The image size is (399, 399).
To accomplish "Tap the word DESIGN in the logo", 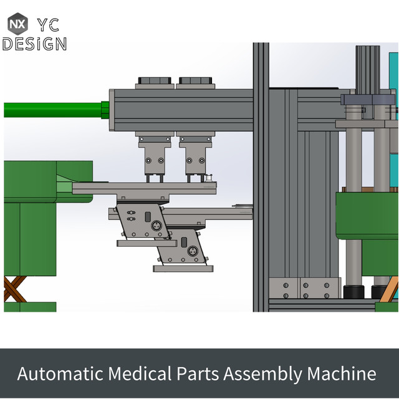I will (34, 44).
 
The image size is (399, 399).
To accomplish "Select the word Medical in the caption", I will (138, 373).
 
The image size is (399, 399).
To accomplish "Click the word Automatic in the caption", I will (59, 373).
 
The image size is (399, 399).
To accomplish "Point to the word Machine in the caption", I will (341, 373).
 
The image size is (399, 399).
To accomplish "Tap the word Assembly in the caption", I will (262, 374).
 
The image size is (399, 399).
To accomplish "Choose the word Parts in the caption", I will (196, 373).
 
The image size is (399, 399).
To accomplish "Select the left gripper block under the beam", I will (153, 160).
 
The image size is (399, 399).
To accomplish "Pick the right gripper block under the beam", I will (195, 160).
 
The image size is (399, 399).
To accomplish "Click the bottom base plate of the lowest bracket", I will (183, 269).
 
